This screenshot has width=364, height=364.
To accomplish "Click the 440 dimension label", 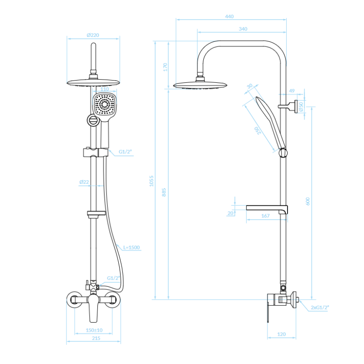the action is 229,16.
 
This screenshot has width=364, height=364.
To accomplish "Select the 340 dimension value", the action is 243,29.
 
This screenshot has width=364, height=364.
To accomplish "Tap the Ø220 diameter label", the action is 93,35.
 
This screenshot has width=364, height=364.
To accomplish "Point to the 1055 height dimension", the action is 152,181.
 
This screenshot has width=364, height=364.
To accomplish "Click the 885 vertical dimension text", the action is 164,192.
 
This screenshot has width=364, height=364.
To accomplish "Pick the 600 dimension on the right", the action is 308,201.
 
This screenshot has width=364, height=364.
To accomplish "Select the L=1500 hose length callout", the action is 131,248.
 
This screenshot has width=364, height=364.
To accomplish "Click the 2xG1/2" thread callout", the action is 320,308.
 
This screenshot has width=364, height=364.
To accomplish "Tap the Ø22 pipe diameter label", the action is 84,182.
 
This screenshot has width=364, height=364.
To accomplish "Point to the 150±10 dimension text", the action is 94,330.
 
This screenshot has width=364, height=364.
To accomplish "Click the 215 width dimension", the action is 96,338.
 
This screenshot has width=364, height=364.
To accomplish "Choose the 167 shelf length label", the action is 265,216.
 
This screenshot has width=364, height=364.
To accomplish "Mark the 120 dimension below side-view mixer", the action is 281,334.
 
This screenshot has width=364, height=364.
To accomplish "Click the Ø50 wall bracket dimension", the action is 301,106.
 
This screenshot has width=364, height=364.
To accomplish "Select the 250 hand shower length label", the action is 258,131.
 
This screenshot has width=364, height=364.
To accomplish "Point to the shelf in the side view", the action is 267,209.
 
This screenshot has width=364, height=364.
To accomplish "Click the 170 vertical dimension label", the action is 165,67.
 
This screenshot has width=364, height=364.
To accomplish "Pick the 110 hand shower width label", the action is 105,89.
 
